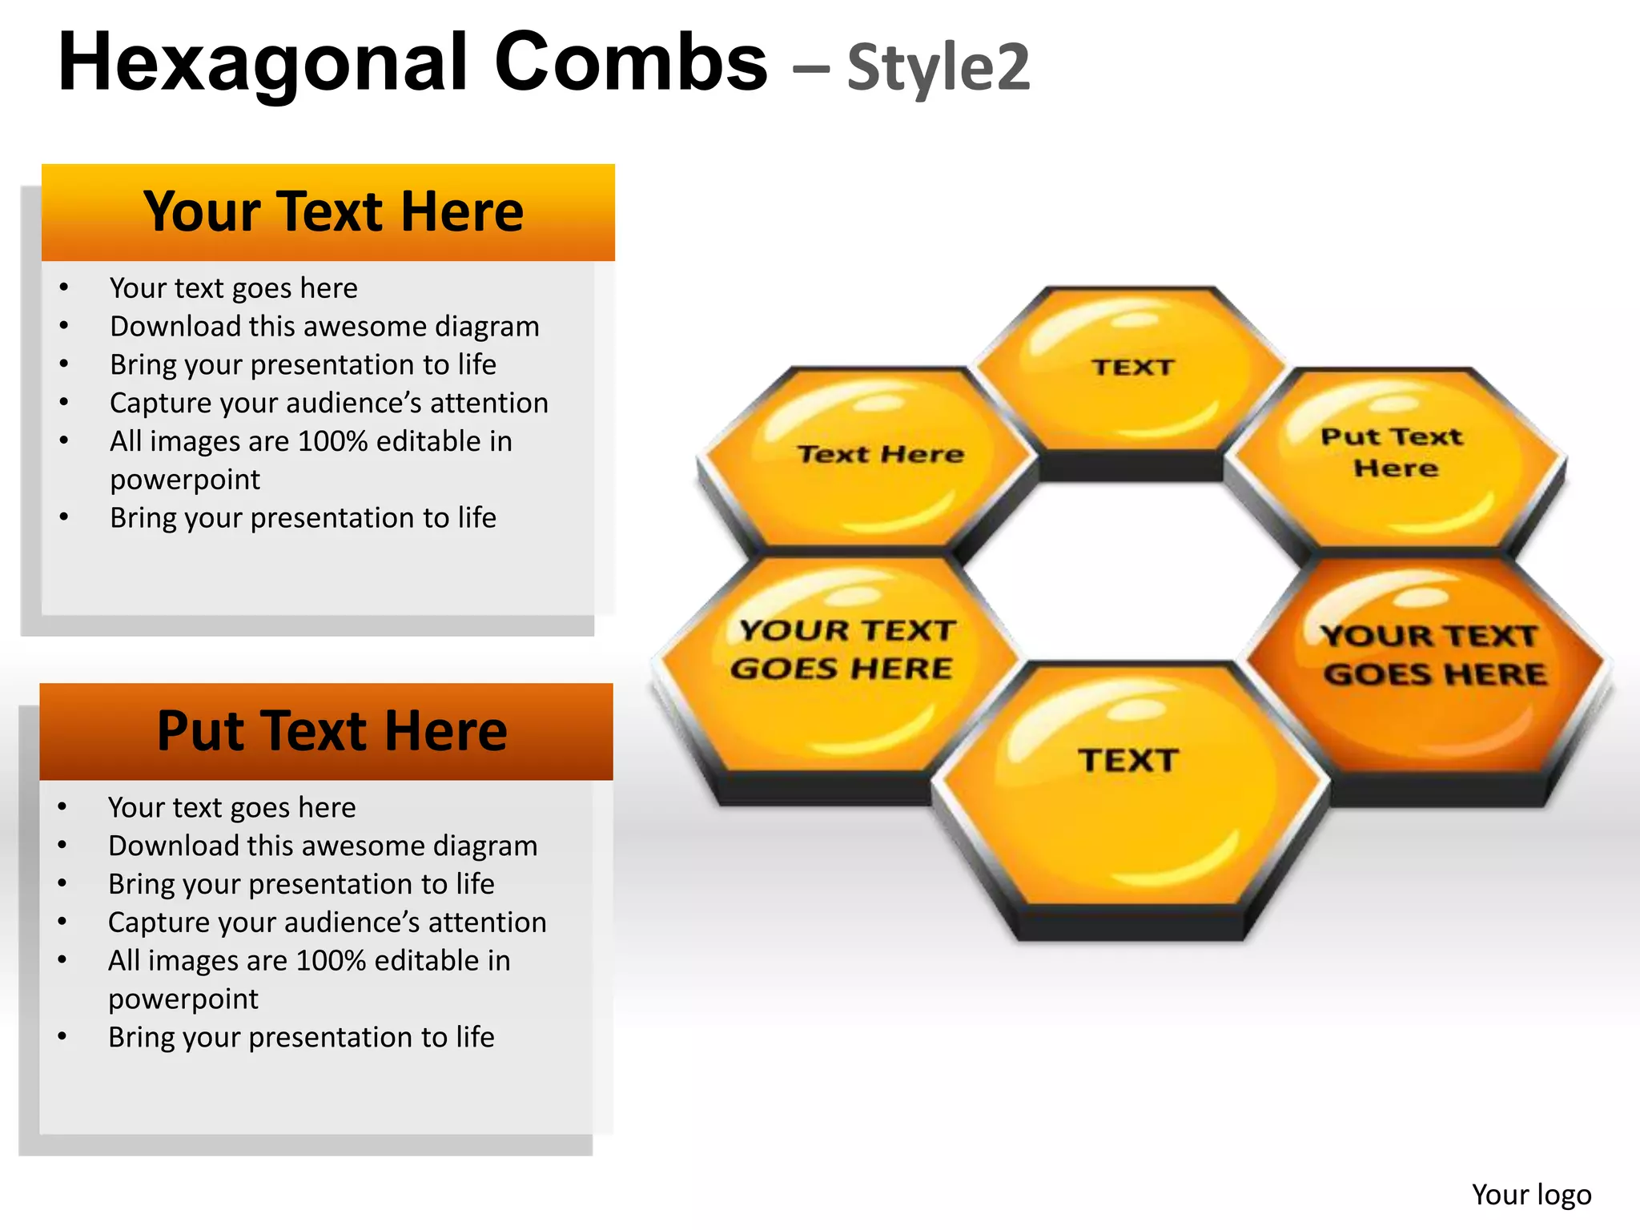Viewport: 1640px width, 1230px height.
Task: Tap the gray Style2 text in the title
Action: coord(939,67)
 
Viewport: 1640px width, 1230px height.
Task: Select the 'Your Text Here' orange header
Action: coord(328,212)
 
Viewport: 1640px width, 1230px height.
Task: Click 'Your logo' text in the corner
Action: coord(1531,1194)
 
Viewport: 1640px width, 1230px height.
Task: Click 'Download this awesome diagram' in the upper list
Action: coord(324,327)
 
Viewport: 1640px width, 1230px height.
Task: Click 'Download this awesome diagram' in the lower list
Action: coord(323,846)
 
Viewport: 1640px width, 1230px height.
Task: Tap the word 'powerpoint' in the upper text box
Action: coord(185,480)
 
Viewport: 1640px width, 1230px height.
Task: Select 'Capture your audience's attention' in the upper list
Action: coord(328,403)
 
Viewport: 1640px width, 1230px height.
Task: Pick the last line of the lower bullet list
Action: coord(301,1037)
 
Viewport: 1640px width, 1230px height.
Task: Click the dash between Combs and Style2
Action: coord(810,69)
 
